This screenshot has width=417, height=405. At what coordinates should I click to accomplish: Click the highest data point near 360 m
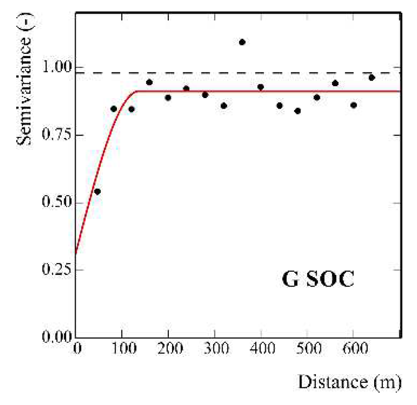tap(242, 42)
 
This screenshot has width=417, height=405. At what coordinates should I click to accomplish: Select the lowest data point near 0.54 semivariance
tap(97, 191)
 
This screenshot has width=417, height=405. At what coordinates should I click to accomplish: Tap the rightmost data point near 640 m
tap(372, 78)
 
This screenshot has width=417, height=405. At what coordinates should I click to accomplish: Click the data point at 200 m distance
tap(168, 98)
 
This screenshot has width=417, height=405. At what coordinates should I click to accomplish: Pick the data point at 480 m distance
tap(298, 111)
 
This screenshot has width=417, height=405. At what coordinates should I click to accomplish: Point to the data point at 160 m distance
tap(149, 82)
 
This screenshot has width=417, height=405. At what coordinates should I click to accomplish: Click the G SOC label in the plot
tap(318, 280)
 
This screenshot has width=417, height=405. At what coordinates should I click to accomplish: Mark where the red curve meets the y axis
tap(76, 253)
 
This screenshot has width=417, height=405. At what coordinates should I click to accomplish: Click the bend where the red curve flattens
tap(137, 91)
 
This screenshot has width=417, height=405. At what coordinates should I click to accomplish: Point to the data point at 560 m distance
tap(335, 83)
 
